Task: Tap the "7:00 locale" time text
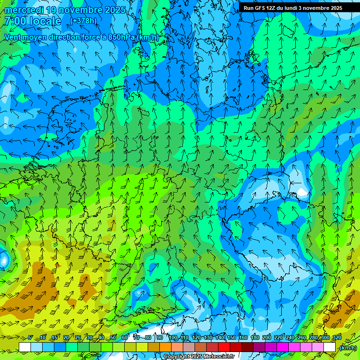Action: click(x=33, y=21)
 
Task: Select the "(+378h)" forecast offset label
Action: click(x=83, y=21)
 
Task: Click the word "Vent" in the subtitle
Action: click(x=14, y=37)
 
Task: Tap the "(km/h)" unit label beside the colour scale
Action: click(x=348, y=348)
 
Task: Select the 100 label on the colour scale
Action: click(x=173, y=338)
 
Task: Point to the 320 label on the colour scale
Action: click(x=337, y=338)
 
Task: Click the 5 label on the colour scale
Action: click(x=30, y=338)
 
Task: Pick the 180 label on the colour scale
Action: click(x=255, y=338)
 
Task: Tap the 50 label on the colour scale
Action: click(x=113, y=338)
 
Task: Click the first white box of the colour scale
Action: click(x=25, y=347)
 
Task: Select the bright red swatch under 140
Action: click(x=224, y=347)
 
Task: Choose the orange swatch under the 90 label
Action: click(x=165, y=347)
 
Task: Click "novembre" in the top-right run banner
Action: click(x=316, y=7)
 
